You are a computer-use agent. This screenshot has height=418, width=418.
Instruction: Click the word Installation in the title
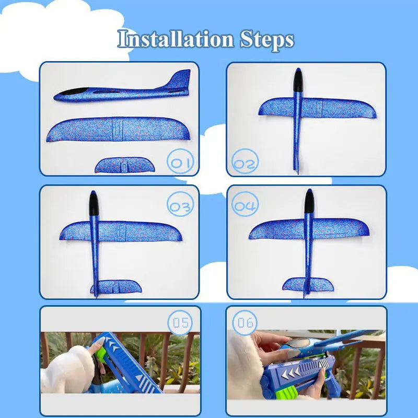[176, 40]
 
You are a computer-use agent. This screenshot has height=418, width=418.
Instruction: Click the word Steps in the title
[267, 40]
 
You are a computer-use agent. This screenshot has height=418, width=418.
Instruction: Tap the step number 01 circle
[181, 162]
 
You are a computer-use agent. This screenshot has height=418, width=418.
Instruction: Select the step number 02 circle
[245, 164]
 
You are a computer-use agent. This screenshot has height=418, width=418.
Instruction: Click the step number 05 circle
[180, 323]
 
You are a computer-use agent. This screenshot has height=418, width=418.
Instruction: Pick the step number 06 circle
[245, 323]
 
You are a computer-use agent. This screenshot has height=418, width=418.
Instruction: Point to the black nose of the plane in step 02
[297, 79]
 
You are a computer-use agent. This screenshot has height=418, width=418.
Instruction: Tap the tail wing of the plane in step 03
[116, 286]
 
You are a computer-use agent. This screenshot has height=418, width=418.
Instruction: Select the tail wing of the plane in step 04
[308, 284]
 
